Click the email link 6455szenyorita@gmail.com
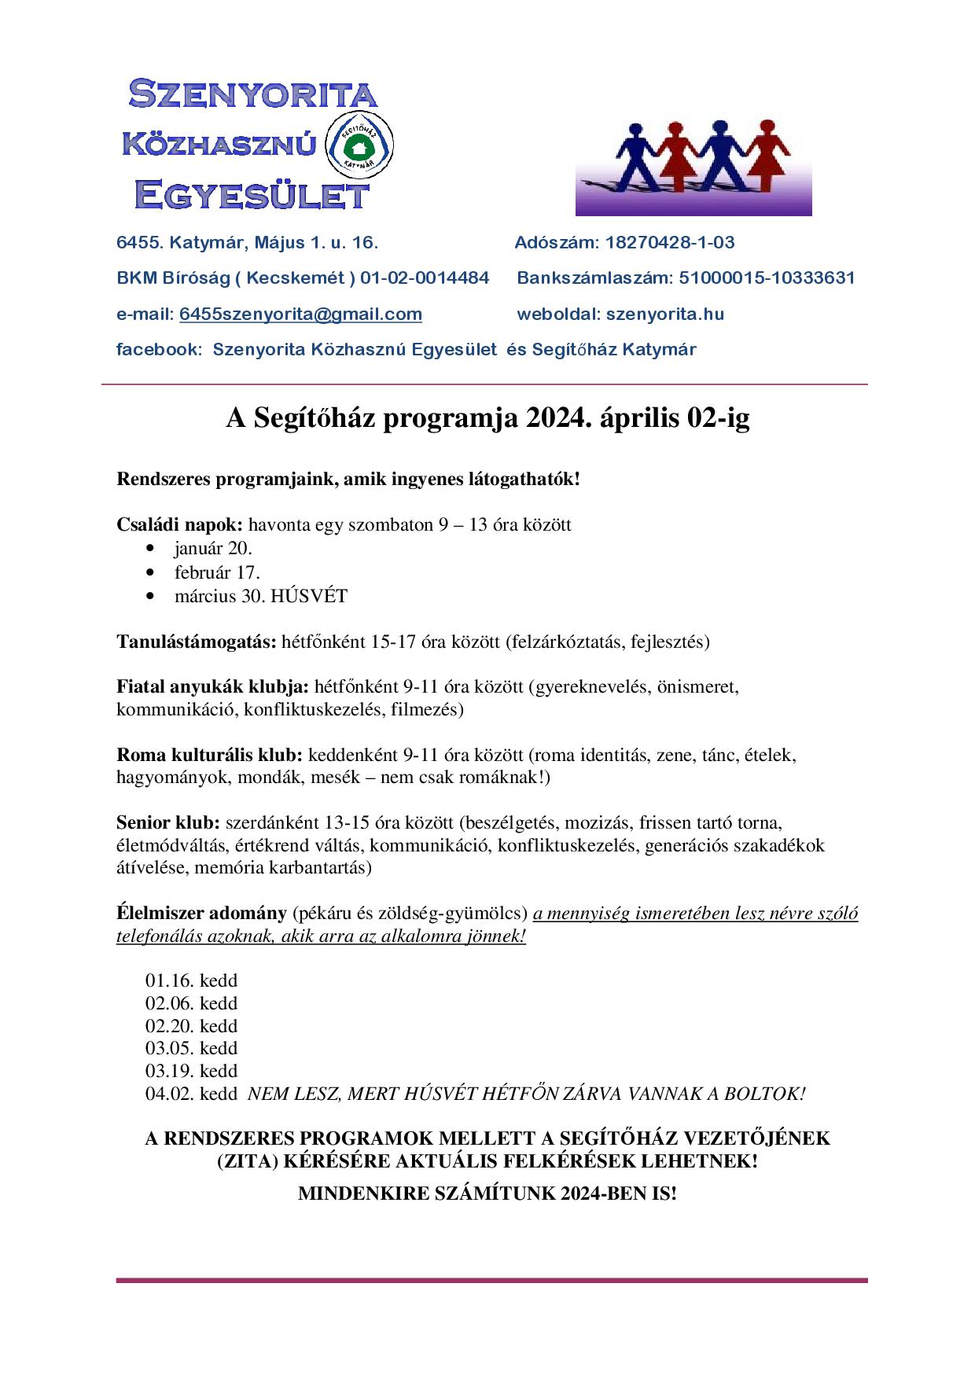(300, 314)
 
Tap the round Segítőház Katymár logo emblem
(359, 147)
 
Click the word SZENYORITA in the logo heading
(252, 95)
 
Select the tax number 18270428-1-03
(669, 242)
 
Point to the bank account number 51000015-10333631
(767, 278)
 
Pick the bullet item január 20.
(213, 548)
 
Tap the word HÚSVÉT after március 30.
(308, 596)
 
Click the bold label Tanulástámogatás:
(197, 642)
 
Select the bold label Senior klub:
(168, 823)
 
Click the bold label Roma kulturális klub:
(209, 756)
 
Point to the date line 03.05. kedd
(191, 1048)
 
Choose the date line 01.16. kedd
(191, 980)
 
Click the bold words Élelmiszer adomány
(201, 914)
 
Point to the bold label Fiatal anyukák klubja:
(212, 686)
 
